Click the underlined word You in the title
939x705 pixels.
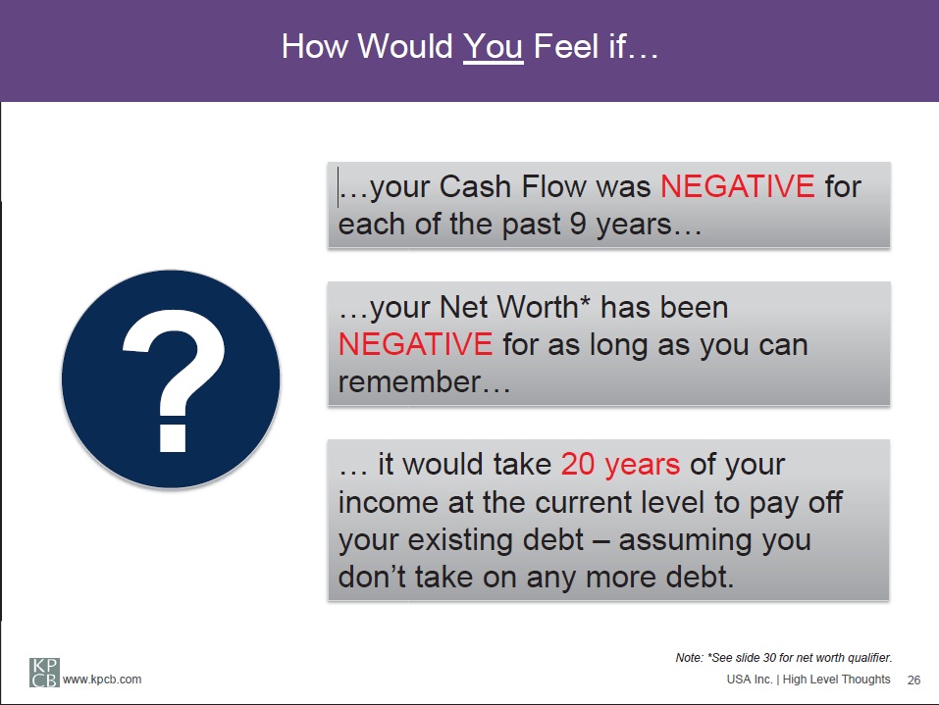[493, 47]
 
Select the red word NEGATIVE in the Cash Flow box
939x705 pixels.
[737, 186]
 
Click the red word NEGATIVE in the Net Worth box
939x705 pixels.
[415, 345]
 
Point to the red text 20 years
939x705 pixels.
[620, 466]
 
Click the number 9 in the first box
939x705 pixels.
[578, 224]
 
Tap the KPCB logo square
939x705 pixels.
[44, 672]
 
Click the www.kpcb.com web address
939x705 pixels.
[102, 680]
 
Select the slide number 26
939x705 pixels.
[913, 680]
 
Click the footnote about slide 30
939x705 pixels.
[784, 658]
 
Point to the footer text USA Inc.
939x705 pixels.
[750, 680]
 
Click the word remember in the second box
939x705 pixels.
[410, 382]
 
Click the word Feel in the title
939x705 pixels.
[566, 47]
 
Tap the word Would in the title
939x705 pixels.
[405, 47]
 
